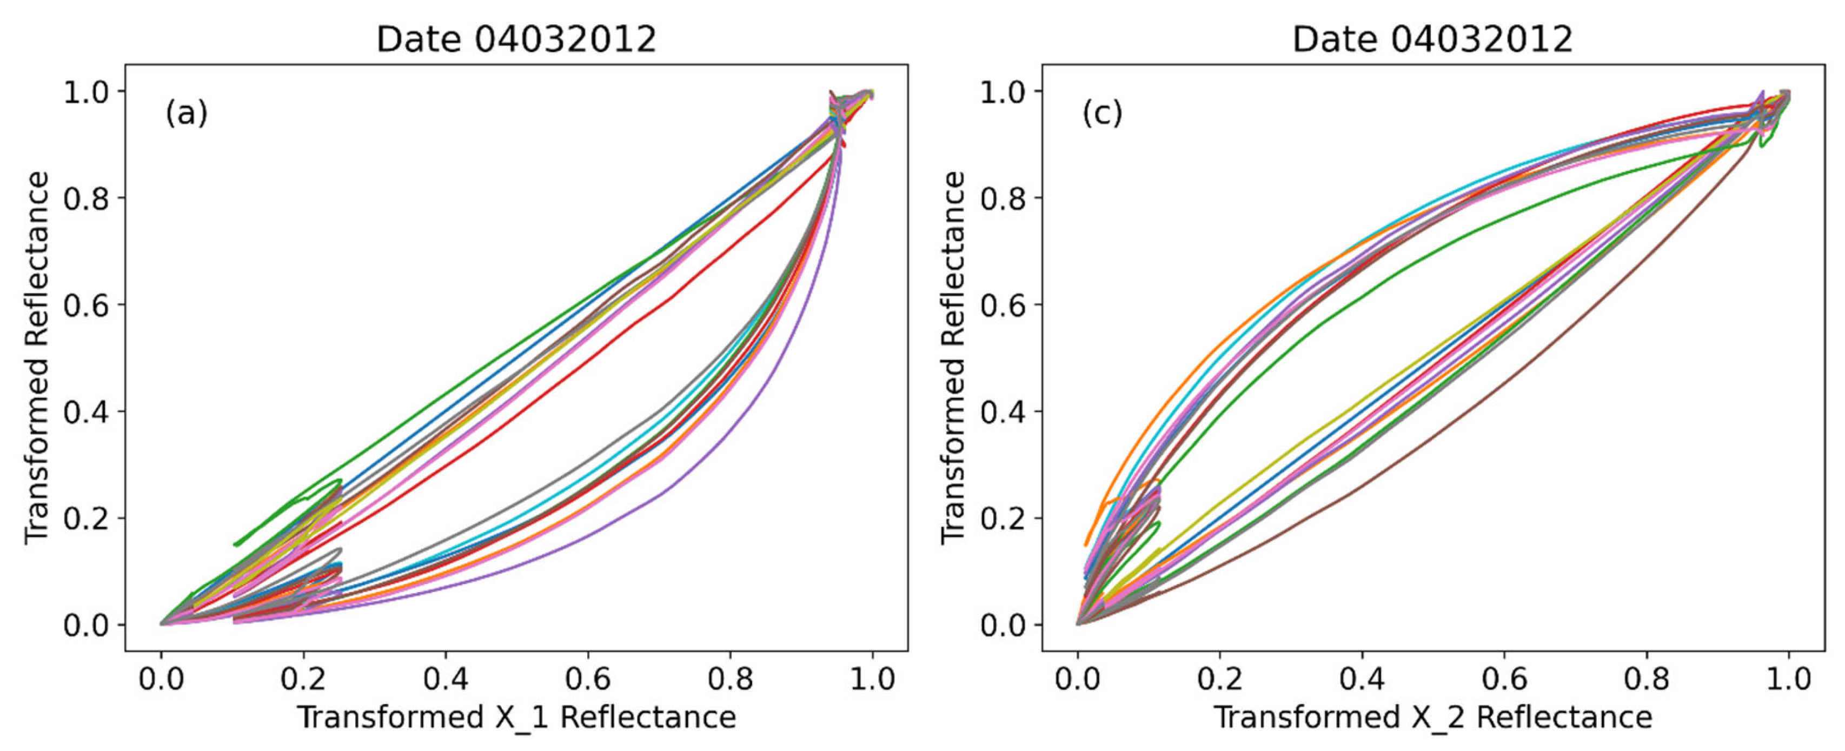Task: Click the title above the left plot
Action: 516,39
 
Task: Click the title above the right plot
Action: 1432,39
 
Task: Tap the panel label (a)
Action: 186,113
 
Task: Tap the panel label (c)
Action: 1102,113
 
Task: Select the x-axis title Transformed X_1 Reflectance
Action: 516,716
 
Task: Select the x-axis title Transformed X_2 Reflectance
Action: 1432,716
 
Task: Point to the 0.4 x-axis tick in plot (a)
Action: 446,678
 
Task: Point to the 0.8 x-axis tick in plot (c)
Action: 1646,678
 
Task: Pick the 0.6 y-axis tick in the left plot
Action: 86,305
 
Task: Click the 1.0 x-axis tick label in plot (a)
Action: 872,678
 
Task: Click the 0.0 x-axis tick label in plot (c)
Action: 1077,678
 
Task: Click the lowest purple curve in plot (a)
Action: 659,493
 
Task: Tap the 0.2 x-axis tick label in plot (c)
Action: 1219,678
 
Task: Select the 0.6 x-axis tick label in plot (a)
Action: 587,678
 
